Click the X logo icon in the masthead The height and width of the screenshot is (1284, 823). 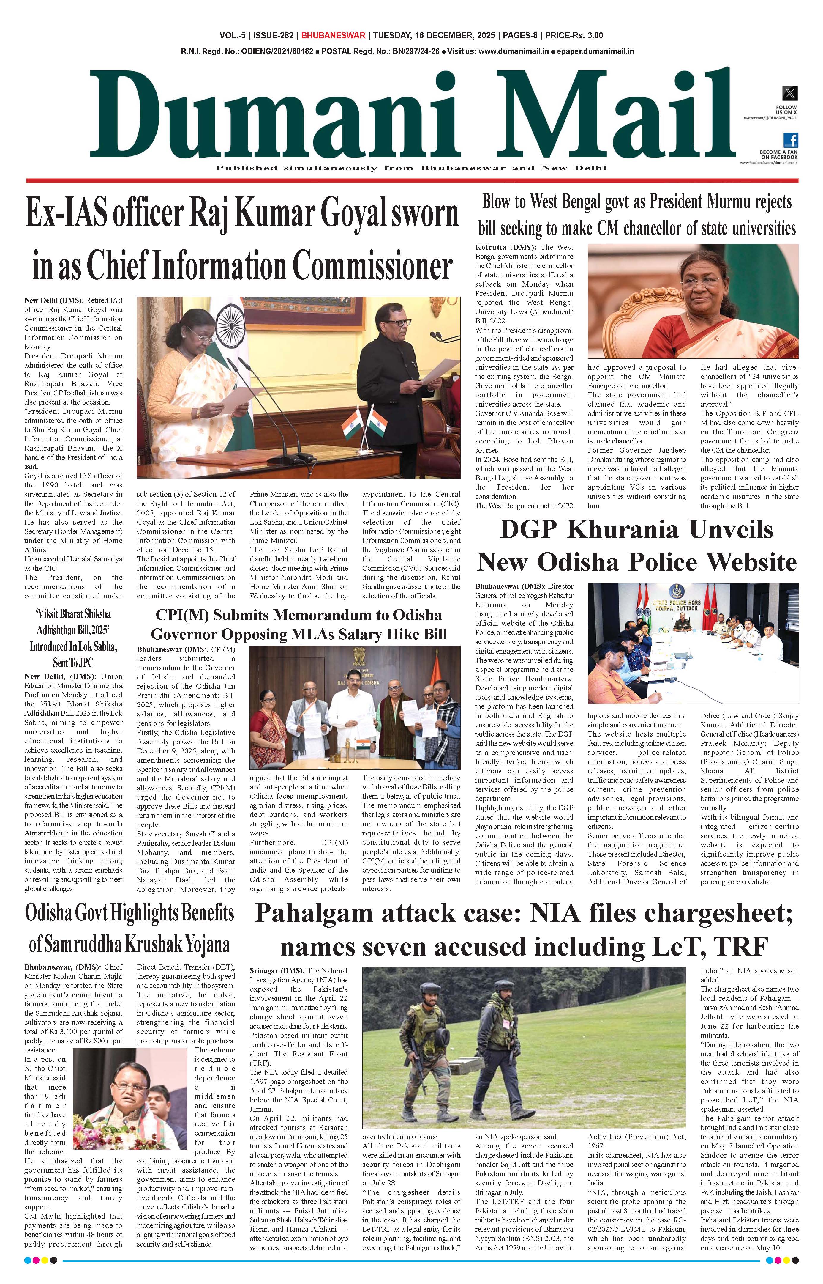tap(789, 93)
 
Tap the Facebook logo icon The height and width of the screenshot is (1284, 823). tap(790, 140)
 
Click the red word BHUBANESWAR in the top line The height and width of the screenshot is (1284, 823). tap(333, 36)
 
